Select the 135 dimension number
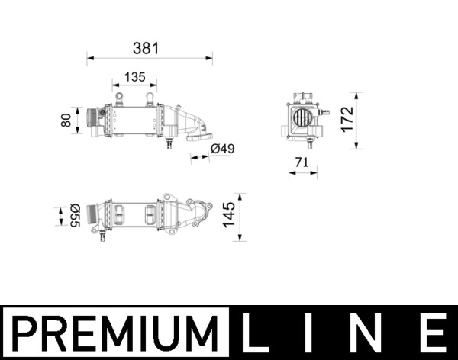134,77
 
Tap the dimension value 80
66,120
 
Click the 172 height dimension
349,119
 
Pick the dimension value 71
302,161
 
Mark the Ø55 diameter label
74,215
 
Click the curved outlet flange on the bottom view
201,206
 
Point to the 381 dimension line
150,56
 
